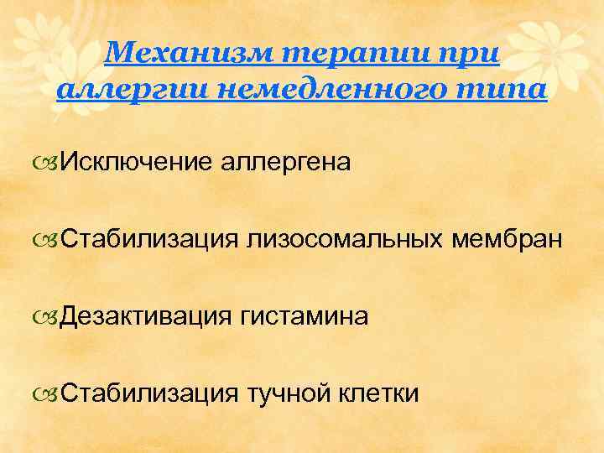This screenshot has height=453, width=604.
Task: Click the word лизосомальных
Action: coord(345,239)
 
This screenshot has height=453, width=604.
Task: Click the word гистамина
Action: coord(304,316)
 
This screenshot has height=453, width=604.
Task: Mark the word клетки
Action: coord(381,393)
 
